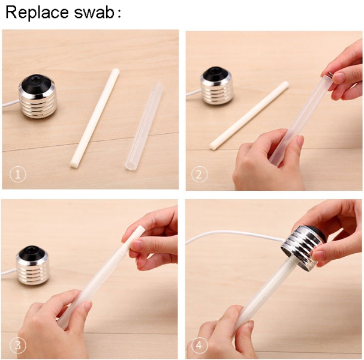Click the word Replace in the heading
click(37, 13)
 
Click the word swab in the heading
click(94, 13)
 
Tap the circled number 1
click(18, 175)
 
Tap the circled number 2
click(200, 175)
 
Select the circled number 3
click(18, 345)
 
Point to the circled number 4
click(200, 345)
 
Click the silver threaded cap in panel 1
click(38, 97)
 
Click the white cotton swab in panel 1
click(95, 118)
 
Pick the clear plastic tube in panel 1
click(144, 126)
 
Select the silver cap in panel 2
click(216, 85)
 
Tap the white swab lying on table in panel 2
click(249, 115)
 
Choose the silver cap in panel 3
click(32, 265)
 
